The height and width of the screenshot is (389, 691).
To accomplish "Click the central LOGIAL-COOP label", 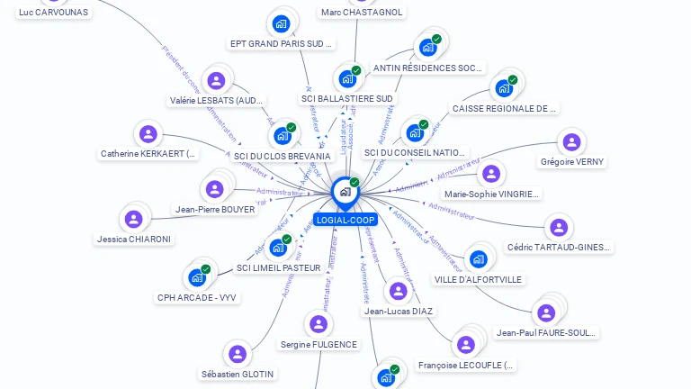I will (x=345, y=220).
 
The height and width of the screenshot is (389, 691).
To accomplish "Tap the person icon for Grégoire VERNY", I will (x=571, y=142).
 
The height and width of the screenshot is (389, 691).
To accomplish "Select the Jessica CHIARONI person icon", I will (x=133, y=219).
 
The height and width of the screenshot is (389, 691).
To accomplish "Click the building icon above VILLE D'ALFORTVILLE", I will (x=478, y=259).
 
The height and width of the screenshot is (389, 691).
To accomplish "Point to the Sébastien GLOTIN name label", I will (x=238, y=374).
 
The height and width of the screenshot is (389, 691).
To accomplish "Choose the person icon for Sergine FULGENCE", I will (x=318, y=324).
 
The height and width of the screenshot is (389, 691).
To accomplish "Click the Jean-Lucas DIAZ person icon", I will (x=398, y=291).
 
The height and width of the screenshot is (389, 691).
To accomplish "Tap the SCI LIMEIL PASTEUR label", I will (x=278, y=267).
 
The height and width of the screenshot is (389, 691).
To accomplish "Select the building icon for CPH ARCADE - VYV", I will (x=196, y=277).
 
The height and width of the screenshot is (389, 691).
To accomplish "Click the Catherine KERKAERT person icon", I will (x=148, y=134).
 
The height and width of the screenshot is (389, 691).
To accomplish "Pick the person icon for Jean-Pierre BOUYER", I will (x=214, y=189).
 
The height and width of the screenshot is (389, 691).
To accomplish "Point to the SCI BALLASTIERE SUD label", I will (x=347, y=98).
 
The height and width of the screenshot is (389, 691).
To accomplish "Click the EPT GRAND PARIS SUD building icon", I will (x=281, y=23).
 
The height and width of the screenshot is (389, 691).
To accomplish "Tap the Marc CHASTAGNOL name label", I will (x=362, y=13).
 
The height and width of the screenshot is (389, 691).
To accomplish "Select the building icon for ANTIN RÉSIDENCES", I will (x=427, y=48).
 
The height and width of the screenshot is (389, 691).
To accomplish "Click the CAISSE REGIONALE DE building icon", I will (x=504, y=88).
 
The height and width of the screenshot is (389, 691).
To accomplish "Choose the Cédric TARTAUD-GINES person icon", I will (x=559, y=227).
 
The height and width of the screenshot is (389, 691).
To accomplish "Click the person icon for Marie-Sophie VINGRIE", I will (x=490, y=174).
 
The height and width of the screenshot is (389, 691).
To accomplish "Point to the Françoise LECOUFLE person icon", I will (x=465, y=345).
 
